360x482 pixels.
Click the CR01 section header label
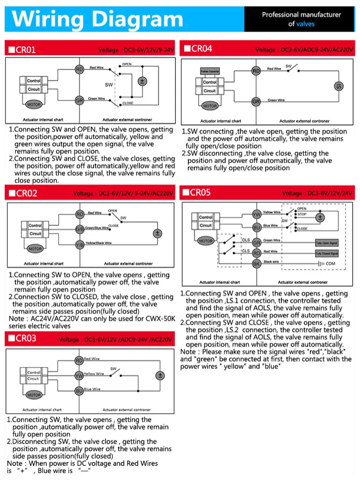23,49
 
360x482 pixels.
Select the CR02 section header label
23,193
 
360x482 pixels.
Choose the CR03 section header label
23,338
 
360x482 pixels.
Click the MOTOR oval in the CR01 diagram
34,104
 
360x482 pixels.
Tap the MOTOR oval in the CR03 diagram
34,395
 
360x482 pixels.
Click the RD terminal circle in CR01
79,70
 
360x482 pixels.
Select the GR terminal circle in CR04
256,101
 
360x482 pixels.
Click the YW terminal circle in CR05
256,214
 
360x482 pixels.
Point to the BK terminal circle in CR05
256,264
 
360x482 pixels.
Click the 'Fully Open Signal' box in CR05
327,243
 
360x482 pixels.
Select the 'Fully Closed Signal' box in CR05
327,253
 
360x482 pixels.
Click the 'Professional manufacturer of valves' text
301,19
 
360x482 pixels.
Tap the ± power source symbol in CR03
160,375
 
